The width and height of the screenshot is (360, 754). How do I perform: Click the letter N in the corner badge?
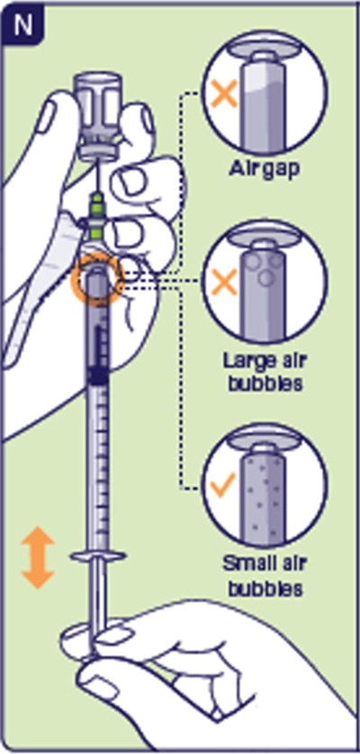23,25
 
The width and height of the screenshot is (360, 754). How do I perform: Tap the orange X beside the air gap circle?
224,94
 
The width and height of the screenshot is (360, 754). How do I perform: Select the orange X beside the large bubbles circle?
224,282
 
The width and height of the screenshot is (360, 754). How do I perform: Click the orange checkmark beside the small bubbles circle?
223,485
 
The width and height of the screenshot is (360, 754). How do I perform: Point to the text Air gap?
264,170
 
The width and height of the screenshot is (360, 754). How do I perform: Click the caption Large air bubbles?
265,373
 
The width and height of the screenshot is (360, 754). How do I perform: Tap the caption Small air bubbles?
265,576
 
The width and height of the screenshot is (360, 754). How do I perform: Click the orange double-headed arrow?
38,558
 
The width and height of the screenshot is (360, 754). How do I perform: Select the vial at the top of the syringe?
99,115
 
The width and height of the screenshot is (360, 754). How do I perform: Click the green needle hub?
98,216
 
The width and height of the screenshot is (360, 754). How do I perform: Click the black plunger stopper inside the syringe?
98,374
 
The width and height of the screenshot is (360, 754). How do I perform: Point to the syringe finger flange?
98,557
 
